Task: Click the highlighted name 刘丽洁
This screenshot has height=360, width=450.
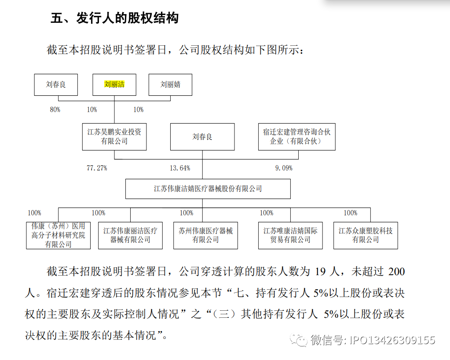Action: pyautogui.click(x=114, y=84)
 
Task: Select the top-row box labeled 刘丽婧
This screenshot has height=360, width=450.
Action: pyautogui.click(x=170, y=85)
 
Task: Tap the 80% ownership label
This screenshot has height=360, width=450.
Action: pyautogui.click(x=55, y=109)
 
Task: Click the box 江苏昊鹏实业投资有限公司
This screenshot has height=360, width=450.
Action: pyautogui.click(x=114, y=137)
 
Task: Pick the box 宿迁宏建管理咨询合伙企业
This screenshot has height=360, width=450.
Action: pyautogui.click(x=297, y=137)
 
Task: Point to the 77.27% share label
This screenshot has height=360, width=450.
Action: pyautogui.click(x=97, y=168)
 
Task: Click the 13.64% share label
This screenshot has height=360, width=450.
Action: pyautogui.click(x=180, y=168)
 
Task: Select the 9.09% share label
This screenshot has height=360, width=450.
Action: pyautogui.click(x=284, y=168)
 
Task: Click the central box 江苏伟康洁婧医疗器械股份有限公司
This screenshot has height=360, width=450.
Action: pyautogui.click(x=208, y=189)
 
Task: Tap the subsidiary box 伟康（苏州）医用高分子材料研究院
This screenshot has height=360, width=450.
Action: pyautogui.click(x=58, y=235)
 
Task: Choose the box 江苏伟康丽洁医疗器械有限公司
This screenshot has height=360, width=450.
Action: pyautogui.click(x=130, y=235)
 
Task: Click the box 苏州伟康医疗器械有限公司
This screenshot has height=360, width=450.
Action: pyautogui.click(x=205, y=235)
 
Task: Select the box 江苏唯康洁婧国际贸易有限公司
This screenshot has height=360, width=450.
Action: pyautogui.click(x=290, y=235)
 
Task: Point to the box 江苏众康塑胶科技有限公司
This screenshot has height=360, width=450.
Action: pyautogui.click(x=366, y=235)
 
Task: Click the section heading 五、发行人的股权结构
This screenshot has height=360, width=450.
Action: pyautogui.click(x=115, y=18)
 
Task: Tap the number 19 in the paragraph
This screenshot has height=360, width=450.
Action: pyautogui.click(x=320, y=271)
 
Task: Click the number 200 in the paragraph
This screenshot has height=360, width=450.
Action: pyautogui.click(x=396, y=271)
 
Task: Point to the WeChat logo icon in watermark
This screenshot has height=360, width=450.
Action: pyautogui.click(x=299, y=340)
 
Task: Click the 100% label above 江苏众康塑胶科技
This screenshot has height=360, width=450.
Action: pyautogui.click(x=351, y=213)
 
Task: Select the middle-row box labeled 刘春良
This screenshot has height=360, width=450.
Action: pyautogui.click(x=202, y=137)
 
